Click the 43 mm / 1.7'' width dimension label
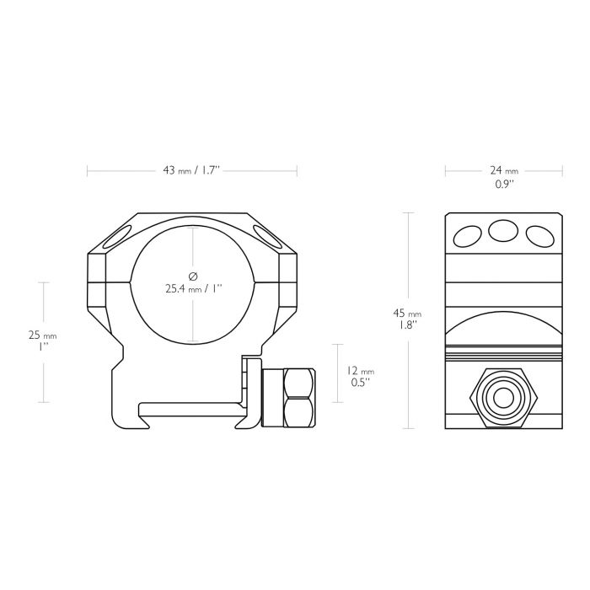click(190, 170)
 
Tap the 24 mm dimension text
click(504, 170)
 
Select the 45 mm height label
click(407, 313)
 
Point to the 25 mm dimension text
click(42, 335)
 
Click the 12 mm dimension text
click(361, 371)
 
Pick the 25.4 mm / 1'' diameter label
click(194, 289)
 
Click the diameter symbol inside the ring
click(193, 276)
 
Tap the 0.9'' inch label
click(504, 184)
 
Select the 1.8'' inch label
click(407, 324)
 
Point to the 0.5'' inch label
click(361, 383)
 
